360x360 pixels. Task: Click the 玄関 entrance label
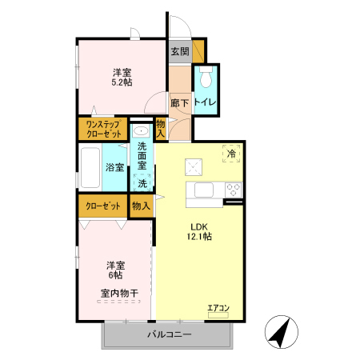click(x=179, y=52)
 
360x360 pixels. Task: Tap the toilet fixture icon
click(x=206, y=78)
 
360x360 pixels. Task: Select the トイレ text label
click(x=206, y=102)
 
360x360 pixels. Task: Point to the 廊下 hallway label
click(x=179, y=102)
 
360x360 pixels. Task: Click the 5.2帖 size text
click(x=122, y=81)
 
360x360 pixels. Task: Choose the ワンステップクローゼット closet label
click(x=102, y=130)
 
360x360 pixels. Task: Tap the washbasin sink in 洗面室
click(x=141, y=132)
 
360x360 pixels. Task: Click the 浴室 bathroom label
click(x=114, y=168)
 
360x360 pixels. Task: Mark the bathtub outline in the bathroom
click(x=90, y=168)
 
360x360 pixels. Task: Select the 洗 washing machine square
click(x=142, y=183)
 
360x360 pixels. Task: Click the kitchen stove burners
click(x=234, y=190)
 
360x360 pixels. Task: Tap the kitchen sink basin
click(x=200, y=190)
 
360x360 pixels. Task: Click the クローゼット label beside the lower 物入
click(x=103, y=206)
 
